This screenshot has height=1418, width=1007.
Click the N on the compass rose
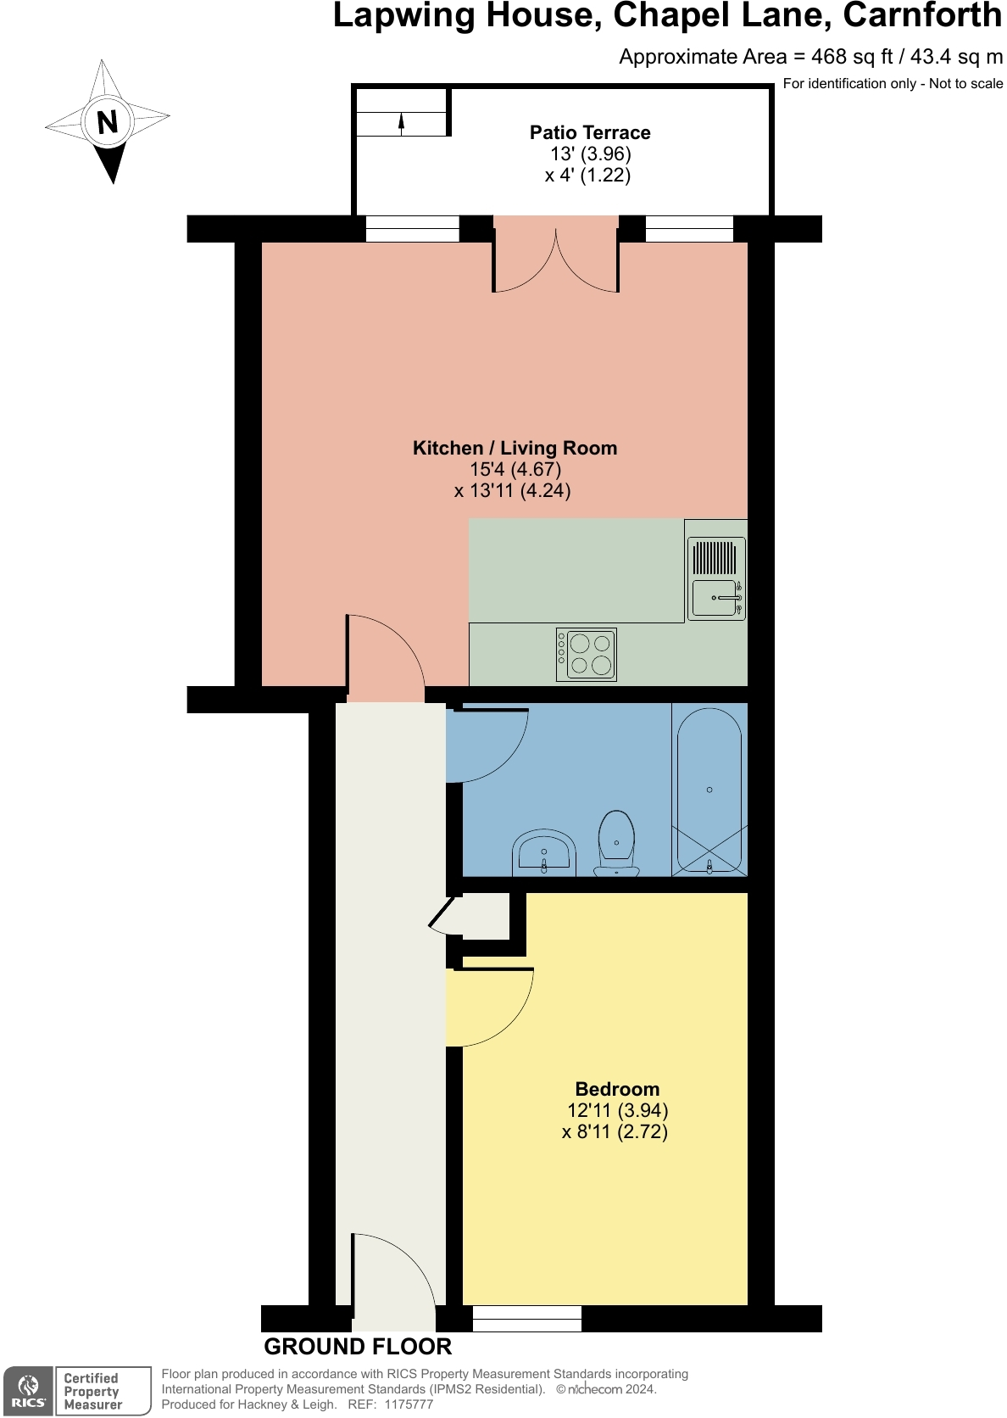[107, 122]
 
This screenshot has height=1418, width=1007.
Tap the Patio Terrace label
[590, 132]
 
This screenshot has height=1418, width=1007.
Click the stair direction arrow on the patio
[402, 124]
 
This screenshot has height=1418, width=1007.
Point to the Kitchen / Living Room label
[515, 448]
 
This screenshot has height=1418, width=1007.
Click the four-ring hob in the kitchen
[587, 654]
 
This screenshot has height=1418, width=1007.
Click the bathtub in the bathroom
[709, 790]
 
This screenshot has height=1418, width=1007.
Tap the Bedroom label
[616, 1089]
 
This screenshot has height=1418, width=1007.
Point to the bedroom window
[526, 1318]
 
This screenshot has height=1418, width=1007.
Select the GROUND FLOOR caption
[358, 1347]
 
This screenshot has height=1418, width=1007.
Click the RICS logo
[29, 1391]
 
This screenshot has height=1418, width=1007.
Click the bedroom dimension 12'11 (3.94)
[617, 1110]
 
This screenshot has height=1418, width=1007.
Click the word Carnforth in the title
[922, 15]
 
